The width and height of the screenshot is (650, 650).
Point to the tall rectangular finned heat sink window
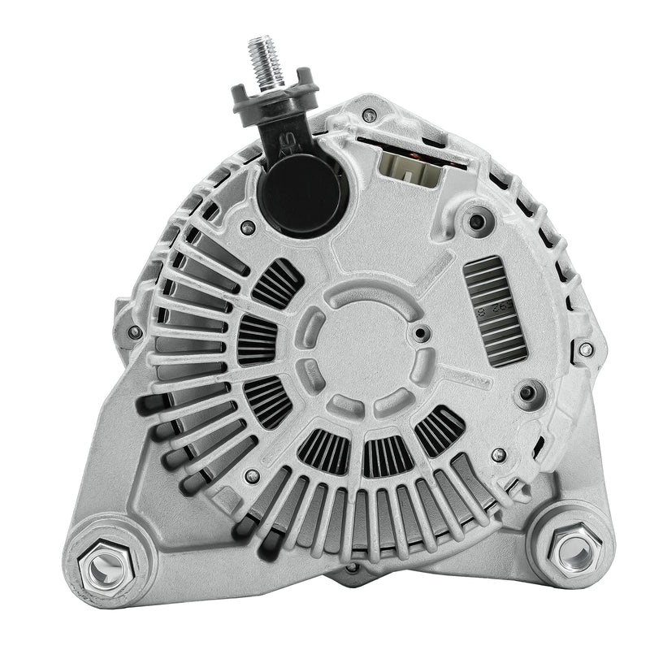point(495,310)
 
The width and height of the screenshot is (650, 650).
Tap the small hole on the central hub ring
point(420,333)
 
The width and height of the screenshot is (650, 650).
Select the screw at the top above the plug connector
point(370,115)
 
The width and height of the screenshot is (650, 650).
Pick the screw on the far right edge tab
point(586,349)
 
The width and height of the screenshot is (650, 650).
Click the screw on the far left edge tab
point(134,331)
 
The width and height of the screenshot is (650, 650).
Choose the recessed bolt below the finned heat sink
point(529,394)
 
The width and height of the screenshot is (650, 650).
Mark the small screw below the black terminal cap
point(249,228)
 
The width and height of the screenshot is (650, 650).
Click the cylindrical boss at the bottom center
point(354,574)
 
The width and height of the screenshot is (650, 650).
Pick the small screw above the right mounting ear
point(499,455)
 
